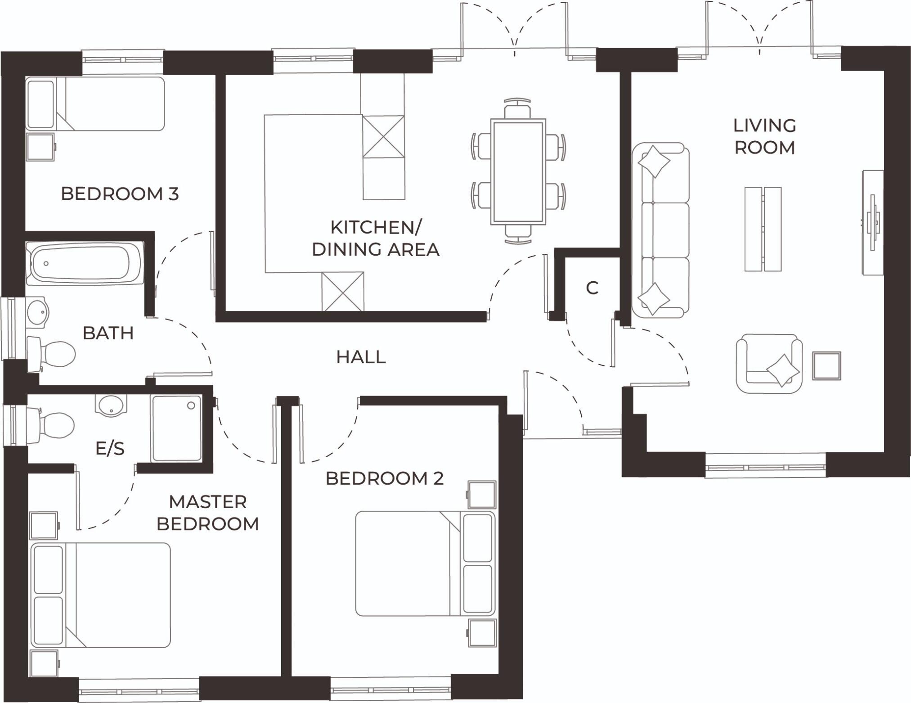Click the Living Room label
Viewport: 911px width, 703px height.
764,136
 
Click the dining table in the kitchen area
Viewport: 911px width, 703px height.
518,171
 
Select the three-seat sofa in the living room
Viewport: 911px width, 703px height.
660,230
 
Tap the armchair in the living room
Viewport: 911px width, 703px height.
769,363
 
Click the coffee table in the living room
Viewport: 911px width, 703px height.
763,229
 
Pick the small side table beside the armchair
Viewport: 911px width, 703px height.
826,365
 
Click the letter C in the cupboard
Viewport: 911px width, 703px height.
592,288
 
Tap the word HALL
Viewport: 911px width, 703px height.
361,357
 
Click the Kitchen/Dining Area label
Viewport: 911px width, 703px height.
375,239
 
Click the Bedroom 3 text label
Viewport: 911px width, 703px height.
120,194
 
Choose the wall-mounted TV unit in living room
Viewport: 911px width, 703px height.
873,222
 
